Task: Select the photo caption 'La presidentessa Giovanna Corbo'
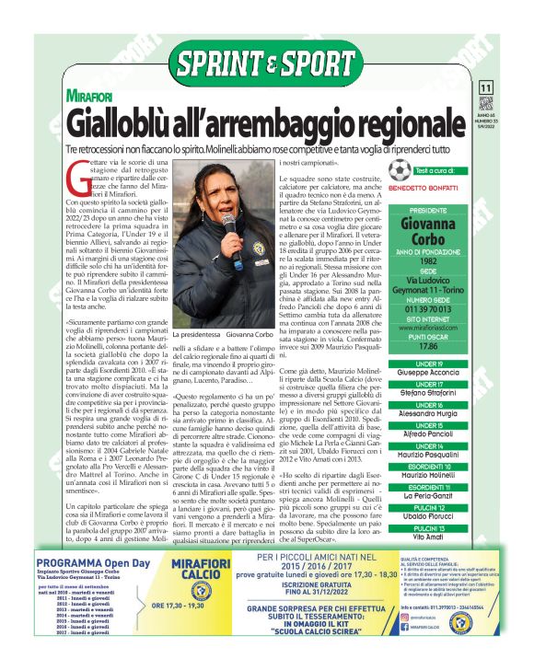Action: [x=214, y=336]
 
